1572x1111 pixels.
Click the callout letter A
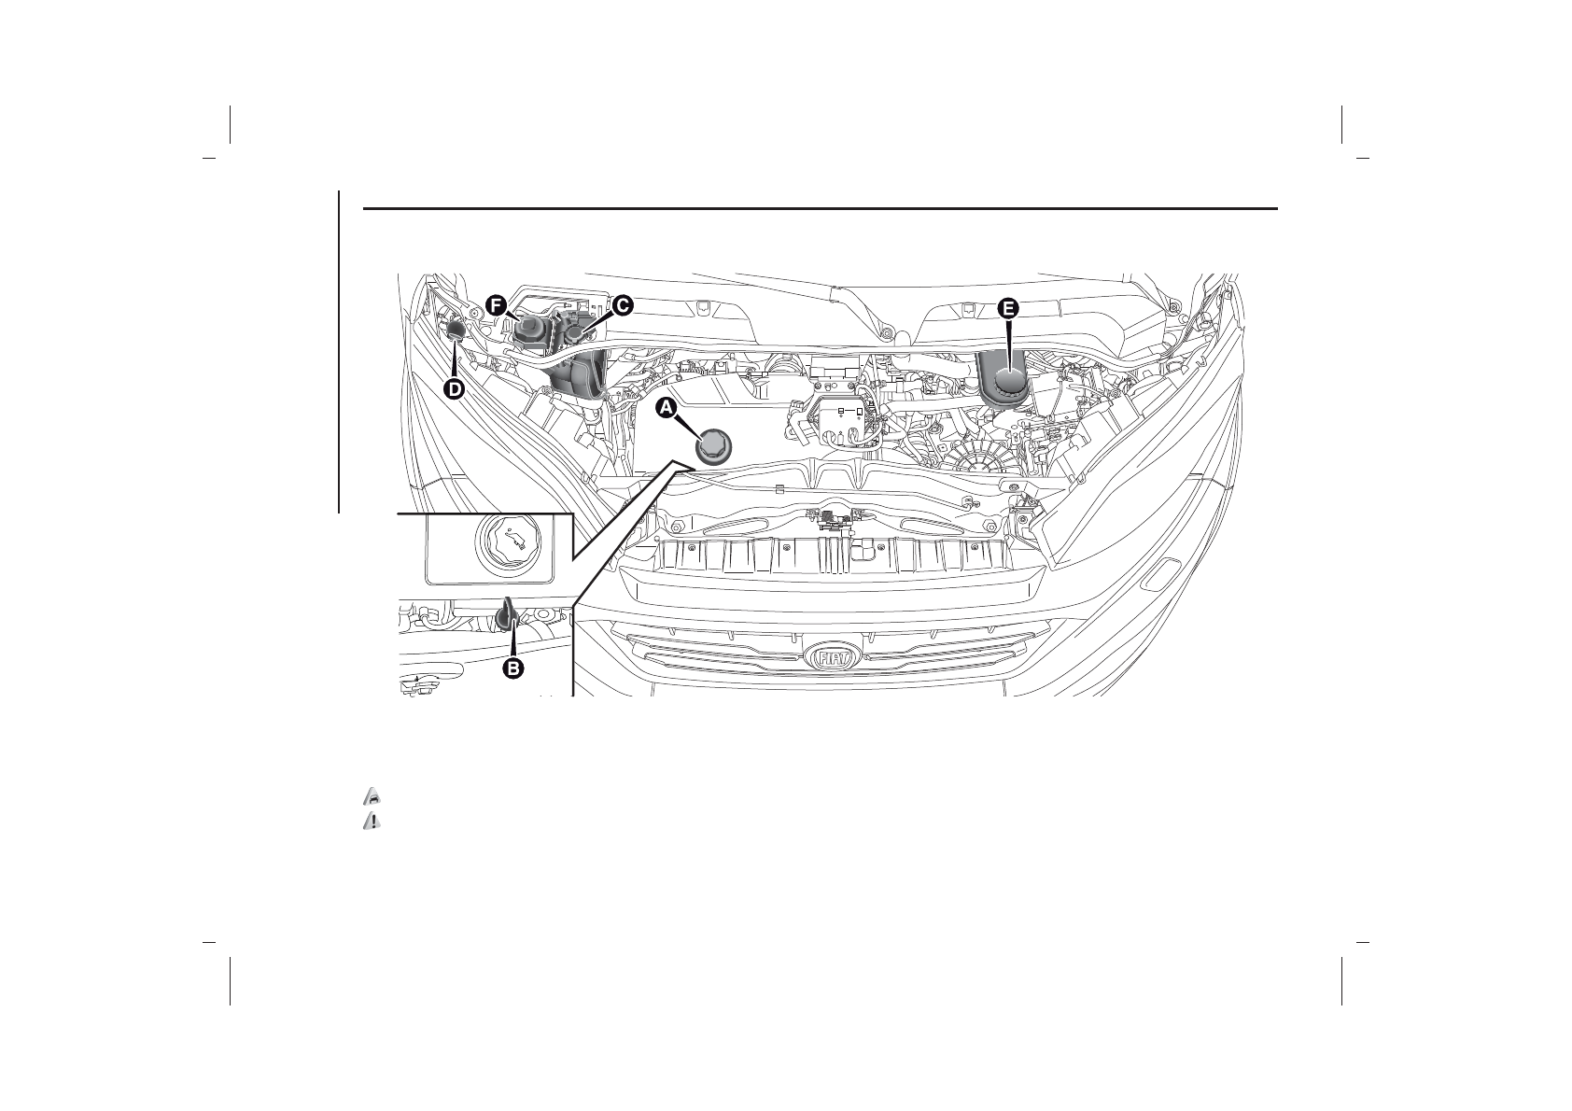tap(666, 407)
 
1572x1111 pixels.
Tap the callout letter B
tap(513, 668)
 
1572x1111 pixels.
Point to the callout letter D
tap(454, 388)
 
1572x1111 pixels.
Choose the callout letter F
tap(497, 305)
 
